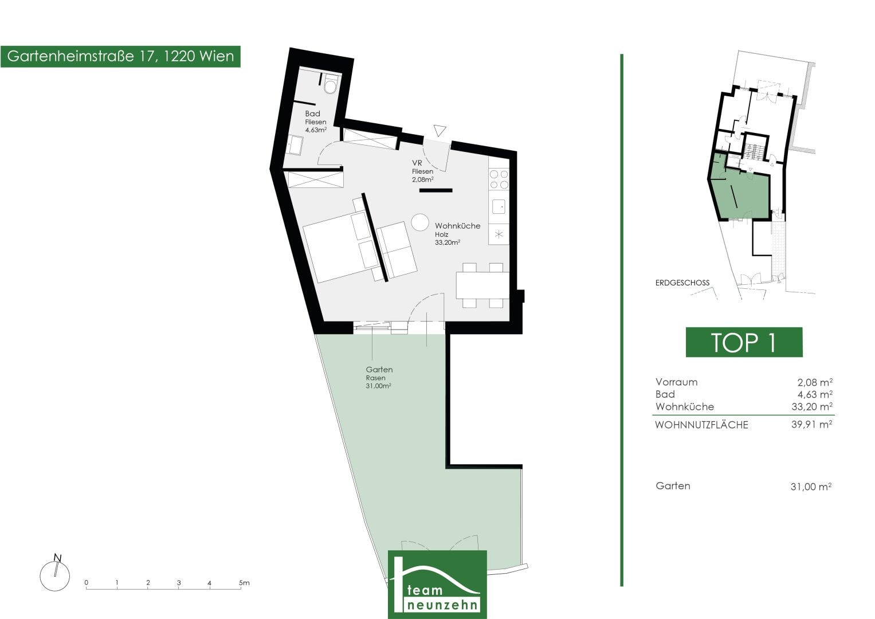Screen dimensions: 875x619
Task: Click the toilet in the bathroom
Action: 331,84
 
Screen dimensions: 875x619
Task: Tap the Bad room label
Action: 312,113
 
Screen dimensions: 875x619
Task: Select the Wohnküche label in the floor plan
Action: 457,226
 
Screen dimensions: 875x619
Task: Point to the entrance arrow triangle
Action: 440,131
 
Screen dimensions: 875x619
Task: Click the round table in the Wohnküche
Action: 420,222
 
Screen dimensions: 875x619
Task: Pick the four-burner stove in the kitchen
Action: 499,179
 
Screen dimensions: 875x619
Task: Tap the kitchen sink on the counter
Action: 499,206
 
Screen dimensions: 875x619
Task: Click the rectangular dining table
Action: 482,285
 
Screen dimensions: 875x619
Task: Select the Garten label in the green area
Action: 379,369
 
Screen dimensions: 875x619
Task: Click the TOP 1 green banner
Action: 744,342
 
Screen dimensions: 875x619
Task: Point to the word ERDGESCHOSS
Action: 682,283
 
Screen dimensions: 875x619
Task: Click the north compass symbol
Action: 55,573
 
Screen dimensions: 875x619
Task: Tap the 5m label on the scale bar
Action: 244,583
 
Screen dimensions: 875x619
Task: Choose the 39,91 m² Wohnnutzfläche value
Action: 812,424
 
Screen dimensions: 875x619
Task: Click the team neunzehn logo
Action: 438,584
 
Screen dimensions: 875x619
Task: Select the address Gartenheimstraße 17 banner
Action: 120,56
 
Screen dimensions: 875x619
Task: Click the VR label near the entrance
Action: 417,163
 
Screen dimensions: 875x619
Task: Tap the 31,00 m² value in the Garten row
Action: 811,487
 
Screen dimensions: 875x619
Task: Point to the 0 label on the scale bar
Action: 87,583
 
